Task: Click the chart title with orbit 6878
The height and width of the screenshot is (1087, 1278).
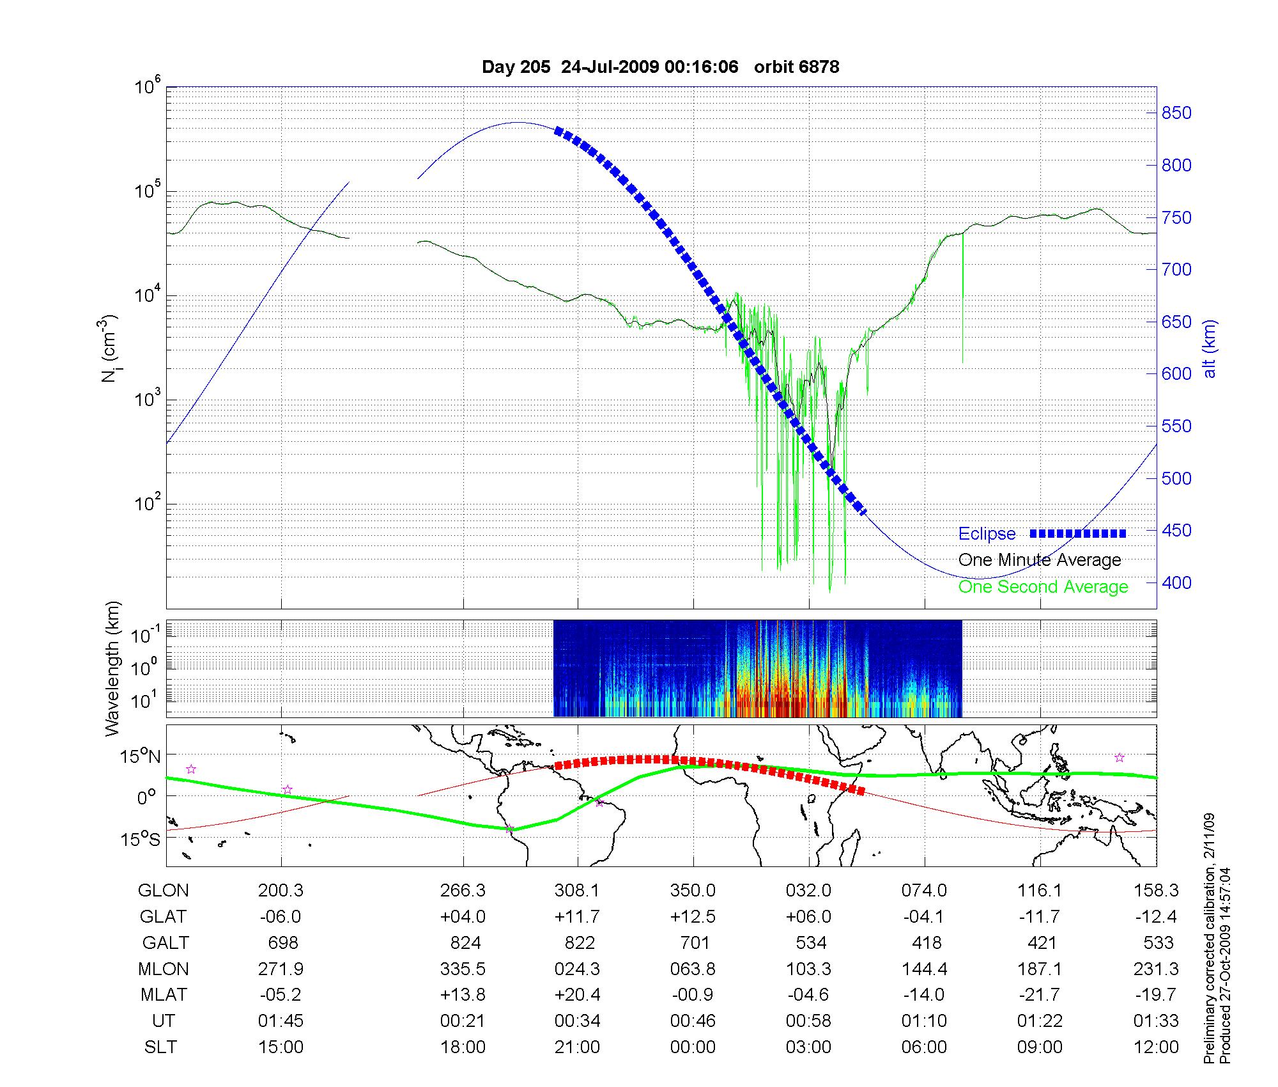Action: [660, 67]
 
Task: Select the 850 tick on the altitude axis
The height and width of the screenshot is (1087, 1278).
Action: [1176, 113]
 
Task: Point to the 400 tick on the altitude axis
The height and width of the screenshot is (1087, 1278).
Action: [1176, 583]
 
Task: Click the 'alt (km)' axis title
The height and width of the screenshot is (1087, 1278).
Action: [1210, 348]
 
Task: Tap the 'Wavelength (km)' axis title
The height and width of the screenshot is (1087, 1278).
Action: [112, 668]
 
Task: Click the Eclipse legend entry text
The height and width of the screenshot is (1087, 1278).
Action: [987, 534]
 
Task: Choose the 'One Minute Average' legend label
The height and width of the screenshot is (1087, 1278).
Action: [1040, 560]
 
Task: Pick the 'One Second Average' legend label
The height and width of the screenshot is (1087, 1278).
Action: [1043, 587]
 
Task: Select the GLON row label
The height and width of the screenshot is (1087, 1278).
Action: [163, 891]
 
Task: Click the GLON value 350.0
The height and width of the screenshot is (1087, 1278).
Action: [693, 891]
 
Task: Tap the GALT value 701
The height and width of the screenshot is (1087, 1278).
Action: [695, 943]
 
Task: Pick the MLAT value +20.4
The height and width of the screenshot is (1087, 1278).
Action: [577, 995]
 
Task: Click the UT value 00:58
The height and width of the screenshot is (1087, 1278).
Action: [808, 1021]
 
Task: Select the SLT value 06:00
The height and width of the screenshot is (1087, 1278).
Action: [924, 1047]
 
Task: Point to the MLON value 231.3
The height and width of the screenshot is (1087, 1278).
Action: [1155, 969]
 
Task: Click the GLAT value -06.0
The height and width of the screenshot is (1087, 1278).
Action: [281, 917]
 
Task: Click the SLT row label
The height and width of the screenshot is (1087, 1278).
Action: [160, 1047]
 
